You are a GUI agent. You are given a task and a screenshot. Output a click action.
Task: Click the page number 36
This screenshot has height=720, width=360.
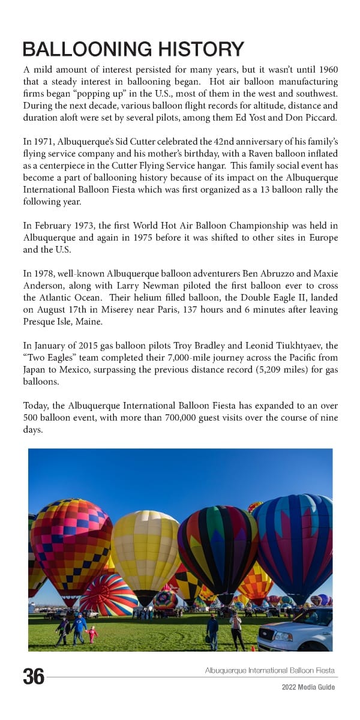tap(34, 676)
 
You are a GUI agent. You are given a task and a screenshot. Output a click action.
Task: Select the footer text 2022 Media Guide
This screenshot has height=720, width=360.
tap(308, 688)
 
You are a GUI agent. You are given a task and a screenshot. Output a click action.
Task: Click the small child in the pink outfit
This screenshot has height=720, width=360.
tap(92, 634)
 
